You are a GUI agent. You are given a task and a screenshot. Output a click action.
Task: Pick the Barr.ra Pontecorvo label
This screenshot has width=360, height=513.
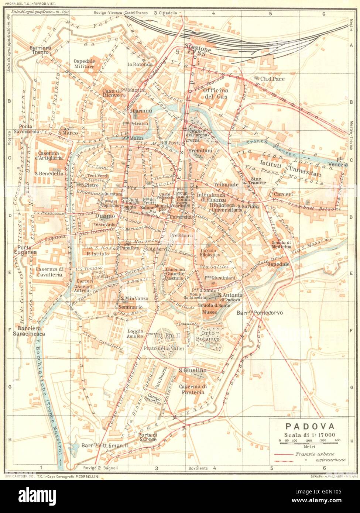click(x=259, y=313)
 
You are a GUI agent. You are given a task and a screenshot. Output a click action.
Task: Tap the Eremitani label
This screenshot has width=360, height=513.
click(x=199, y=151)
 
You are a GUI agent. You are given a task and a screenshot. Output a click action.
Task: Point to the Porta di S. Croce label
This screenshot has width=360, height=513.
click(x=148, y=437)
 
